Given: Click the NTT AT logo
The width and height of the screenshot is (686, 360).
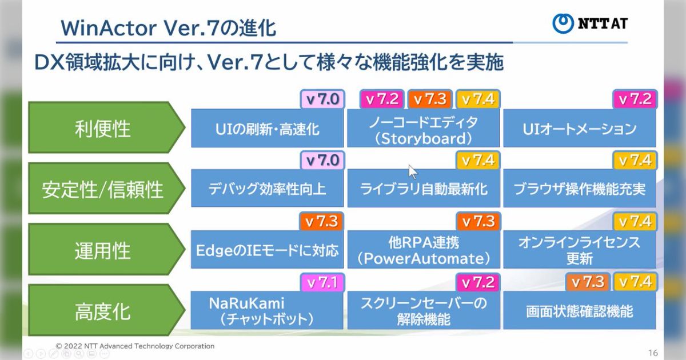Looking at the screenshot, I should (x=590, y=23).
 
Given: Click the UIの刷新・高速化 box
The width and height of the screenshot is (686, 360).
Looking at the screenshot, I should (x=267, y=129).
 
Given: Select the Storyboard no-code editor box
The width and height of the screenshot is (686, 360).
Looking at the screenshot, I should (x=423, y=130).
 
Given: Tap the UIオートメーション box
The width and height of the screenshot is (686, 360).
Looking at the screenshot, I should (x=579, y=129).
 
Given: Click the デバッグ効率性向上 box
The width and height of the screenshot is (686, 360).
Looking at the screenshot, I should (x=267, y=189).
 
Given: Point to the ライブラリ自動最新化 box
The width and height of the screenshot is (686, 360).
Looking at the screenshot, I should (x=423, y=189).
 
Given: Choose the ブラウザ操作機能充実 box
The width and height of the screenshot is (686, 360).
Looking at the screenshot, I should (x=579, y=189).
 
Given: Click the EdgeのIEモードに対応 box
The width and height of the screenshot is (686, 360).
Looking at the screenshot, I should (x=267, y=250).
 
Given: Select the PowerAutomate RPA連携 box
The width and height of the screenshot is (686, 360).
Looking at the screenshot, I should (x=423, y=251).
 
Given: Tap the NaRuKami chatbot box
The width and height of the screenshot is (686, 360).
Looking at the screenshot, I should (x=267, y=311).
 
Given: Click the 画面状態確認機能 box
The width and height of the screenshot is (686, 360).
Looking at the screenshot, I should (x=579, y=312).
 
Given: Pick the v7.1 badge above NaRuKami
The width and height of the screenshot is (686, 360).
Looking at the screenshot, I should (x=322, y=282).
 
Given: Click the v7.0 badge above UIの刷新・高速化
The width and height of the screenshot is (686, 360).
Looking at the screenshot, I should (x=322, y=99).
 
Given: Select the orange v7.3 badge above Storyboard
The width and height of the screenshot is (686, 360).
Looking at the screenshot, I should (x=430, y=99).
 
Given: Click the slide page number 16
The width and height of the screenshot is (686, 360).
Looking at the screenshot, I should (x=653, y=352).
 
